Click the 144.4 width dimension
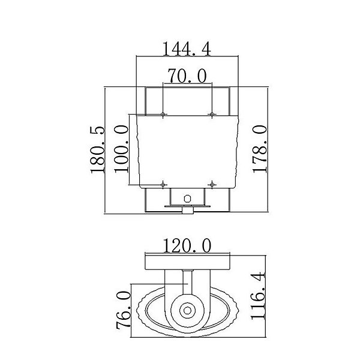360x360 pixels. point(187,49)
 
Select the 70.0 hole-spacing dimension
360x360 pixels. point(187,76)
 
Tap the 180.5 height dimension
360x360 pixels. point(98,149)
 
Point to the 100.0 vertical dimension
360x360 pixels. point(121,149)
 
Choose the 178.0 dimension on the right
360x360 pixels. point(260,149)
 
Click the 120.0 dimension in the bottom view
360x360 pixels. point(187,245)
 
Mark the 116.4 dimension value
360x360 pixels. point(258,296)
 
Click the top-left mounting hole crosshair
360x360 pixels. point(163,114)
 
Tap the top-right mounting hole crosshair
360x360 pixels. point(212,114)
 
